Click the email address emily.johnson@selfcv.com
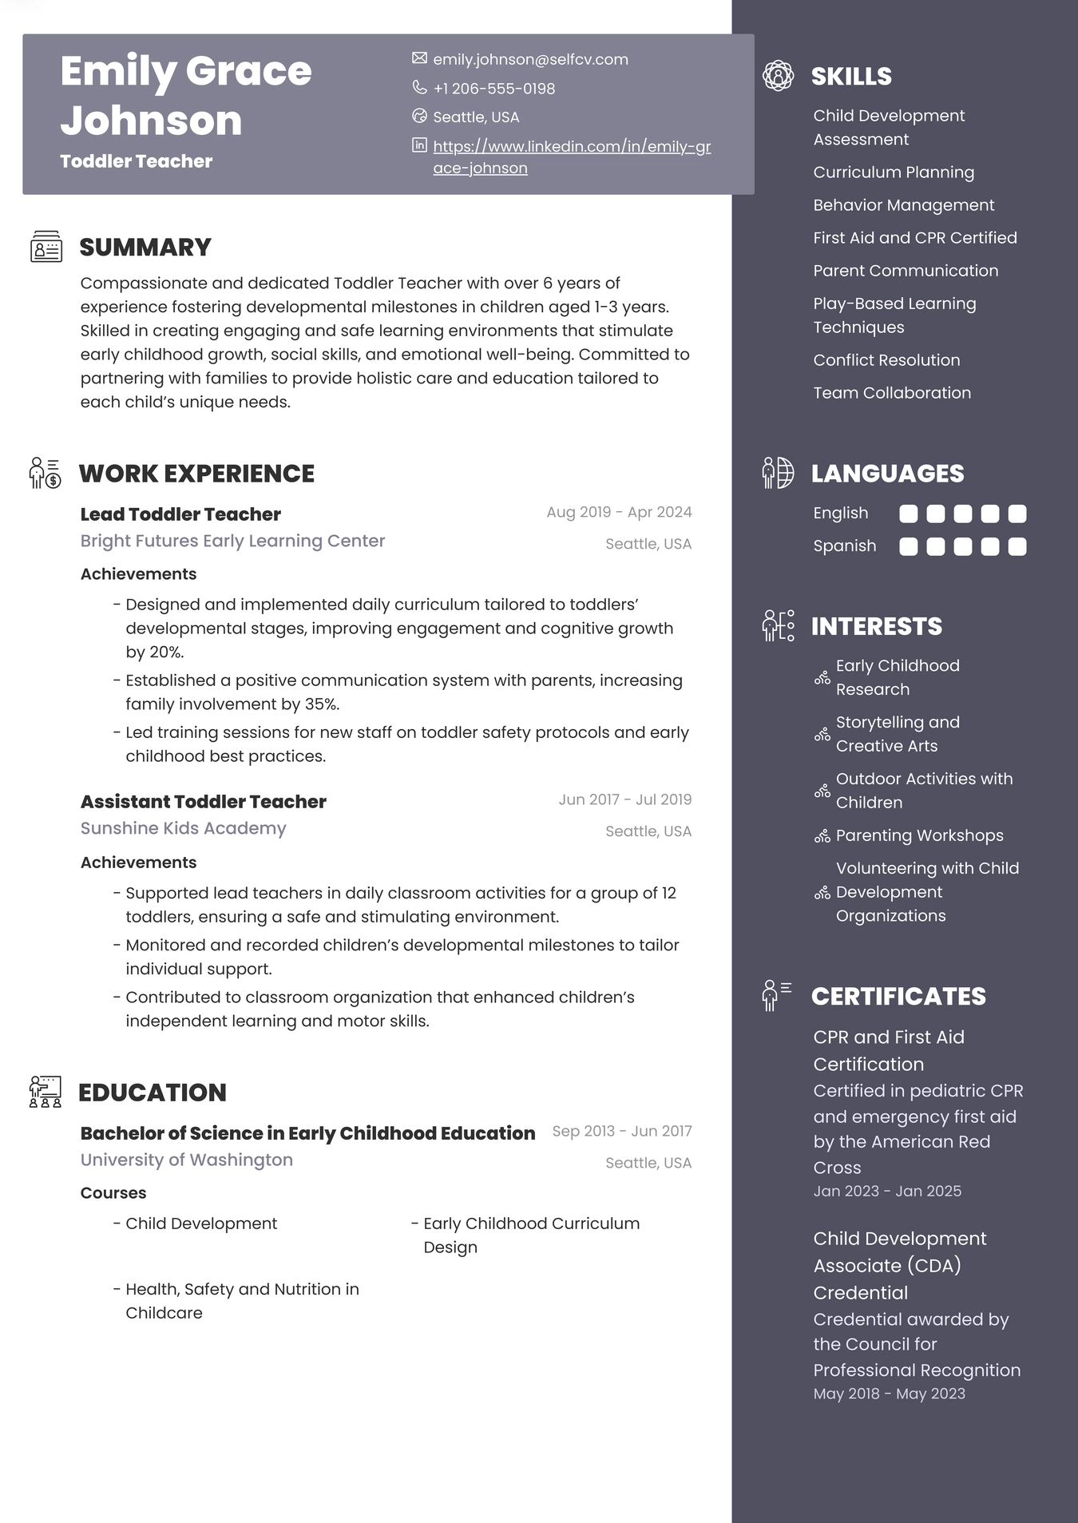530,60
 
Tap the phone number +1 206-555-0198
493,89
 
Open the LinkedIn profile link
571,147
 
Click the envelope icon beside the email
419,58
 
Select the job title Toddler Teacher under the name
136,161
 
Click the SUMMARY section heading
145,248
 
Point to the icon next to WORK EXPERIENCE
45,473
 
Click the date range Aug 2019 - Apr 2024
619,513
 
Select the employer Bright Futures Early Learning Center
232,541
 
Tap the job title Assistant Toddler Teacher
203,802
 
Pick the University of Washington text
186,1160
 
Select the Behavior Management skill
903,205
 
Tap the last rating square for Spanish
1017,546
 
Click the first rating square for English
908,514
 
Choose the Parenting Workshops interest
919,835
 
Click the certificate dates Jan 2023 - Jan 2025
887,1192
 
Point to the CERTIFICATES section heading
898,997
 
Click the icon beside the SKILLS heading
778,76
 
